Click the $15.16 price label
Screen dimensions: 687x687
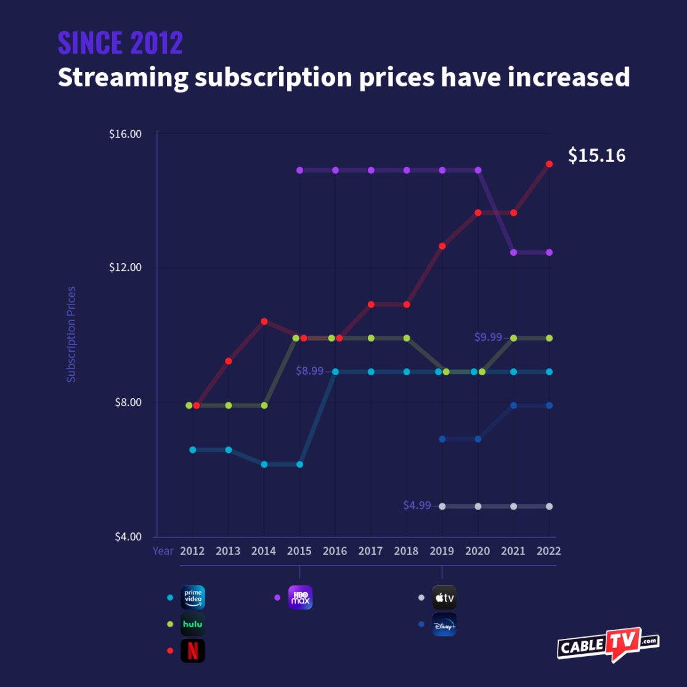tap(596, 155)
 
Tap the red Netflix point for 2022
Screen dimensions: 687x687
tap(549, 164)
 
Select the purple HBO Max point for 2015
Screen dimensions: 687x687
tap(300, 170)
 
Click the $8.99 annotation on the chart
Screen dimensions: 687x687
tap(310, 372)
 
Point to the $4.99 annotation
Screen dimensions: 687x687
tap(417, 506)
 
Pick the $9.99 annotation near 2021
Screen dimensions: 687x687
tap(488, 338)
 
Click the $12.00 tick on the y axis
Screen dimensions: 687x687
tap(125, 268)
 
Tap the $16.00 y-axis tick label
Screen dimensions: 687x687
tap(125, 134)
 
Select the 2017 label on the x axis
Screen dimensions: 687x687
tap(370, 551)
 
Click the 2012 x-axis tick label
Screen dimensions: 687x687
tap(192, 551)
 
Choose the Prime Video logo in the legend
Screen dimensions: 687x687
tap(192, 597)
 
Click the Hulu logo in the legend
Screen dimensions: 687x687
tap(192, 624)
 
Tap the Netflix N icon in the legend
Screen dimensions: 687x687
tap(192, 651)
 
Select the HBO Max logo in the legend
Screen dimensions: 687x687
tap(300, 597)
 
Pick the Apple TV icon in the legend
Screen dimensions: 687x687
tap(444, 597)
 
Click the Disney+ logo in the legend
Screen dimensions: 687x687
tap(444, 624)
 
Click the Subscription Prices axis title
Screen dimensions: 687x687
tap(71, 334)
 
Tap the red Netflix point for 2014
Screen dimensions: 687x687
tap(264, 321)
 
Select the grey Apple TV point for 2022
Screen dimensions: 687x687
tap(549, 506)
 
